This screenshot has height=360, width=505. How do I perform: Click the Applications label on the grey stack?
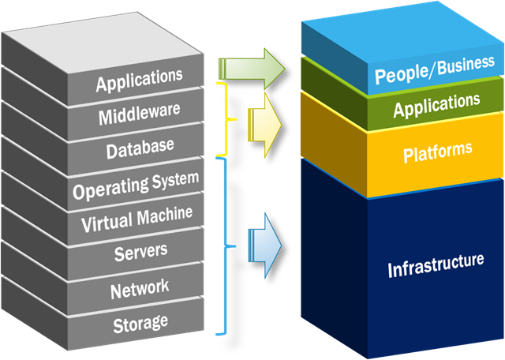[x=139, y=80]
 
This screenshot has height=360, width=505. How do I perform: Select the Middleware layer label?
[x=139, y=116]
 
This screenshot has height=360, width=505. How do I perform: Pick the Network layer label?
[x=140, y=288]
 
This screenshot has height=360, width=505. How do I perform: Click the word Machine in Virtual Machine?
[x=164, y=218]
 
